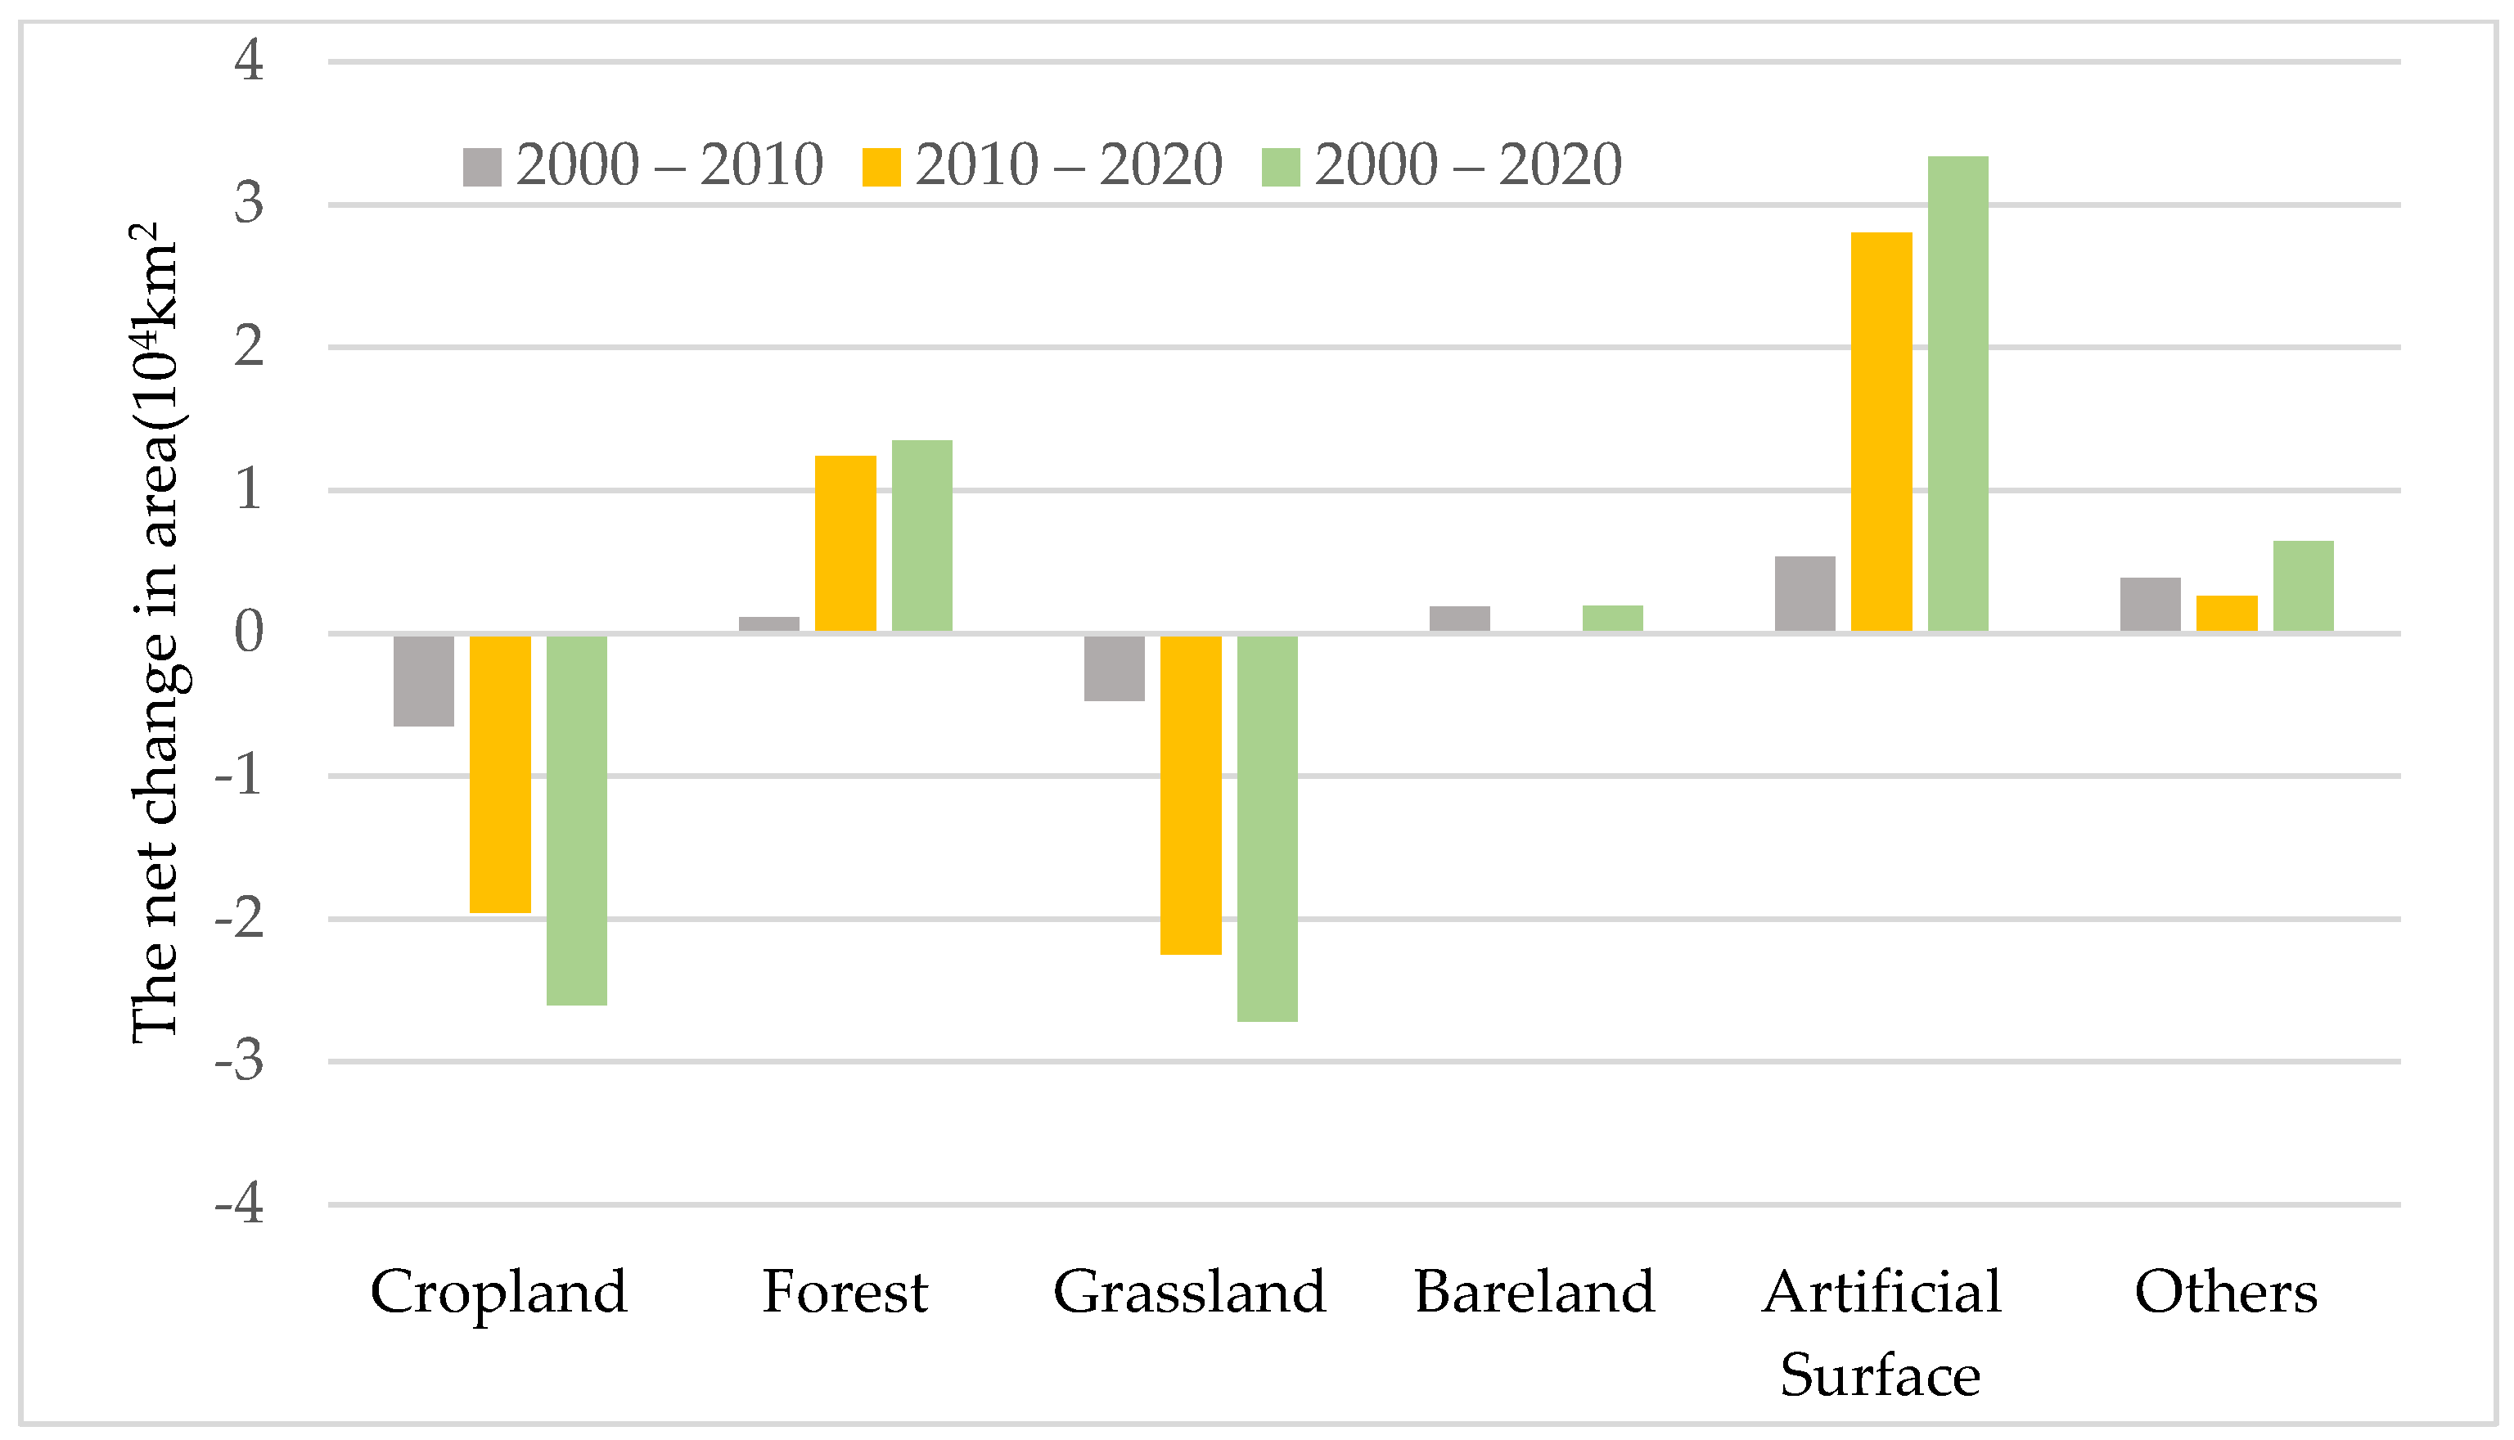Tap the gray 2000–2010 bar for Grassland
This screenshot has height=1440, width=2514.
pos(1114,668)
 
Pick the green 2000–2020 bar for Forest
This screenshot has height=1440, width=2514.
pos(921,535)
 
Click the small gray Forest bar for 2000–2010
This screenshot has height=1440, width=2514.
pos(768,624)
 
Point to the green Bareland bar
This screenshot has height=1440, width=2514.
pos(1612,618)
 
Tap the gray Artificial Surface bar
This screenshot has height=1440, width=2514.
pos(1805,593)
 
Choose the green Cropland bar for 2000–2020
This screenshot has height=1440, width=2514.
pos(577,820)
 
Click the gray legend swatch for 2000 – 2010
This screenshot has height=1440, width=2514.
pos(482,167)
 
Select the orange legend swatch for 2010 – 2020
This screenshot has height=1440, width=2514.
pos(881,167)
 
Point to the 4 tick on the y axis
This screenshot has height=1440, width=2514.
pos(250,61)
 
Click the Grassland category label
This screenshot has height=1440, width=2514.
pos(1189,1292)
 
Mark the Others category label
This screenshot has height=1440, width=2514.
pos(2225,1292)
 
